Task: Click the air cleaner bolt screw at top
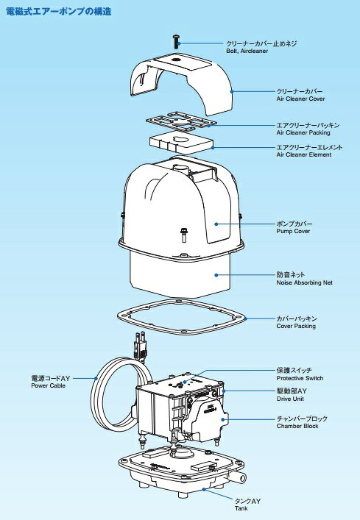click(176, 42)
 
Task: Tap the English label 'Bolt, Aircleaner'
click(247, 51)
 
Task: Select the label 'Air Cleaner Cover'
click(300, 99)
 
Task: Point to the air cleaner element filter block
click(181, 142)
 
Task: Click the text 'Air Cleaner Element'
click(304, 155)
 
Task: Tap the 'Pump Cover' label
click(293, 232)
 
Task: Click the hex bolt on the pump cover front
click(183, 235)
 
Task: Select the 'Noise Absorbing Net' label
click(304, 283)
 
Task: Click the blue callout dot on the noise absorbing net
click(216, 275)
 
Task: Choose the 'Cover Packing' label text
click(296, 327)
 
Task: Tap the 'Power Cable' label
click(48, 385)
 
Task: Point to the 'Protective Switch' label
click(300, 378)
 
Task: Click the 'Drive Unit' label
click(290, 399)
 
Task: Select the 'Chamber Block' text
click(297, 426)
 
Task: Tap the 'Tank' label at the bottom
click(241, 508)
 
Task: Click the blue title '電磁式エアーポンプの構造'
click(58, 12)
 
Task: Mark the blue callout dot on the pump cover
click(216, 224)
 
